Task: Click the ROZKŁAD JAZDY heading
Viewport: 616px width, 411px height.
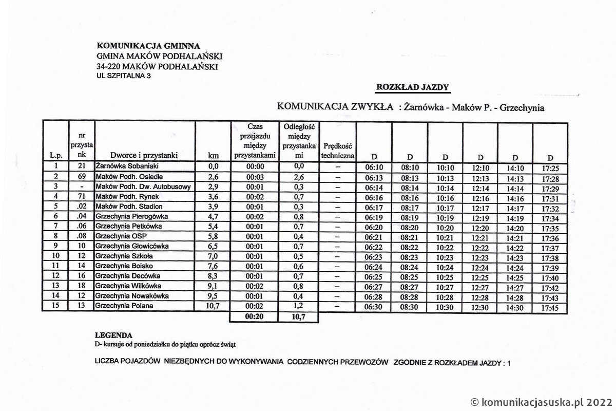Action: (x=413, y=87)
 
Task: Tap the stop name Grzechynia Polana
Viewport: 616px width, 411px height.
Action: (x=124, y=306)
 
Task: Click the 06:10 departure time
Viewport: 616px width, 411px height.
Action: (x=374, y=167)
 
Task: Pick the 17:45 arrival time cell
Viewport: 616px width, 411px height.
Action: (x=550, y=309)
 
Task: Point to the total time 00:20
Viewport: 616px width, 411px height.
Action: (x=255, y=317)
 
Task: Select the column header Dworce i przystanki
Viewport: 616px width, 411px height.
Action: (x=144, y=155)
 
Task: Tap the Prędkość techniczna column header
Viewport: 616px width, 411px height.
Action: (x=337, y=150)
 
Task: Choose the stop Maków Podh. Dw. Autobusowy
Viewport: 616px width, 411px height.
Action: (x=143, y=186)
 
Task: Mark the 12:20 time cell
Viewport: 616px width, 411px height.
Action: (x=480, y=228)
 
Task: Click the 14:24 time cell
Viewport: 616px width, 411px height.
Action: (x=515, y=268)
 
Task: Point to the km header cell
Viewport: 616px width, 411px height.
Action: (x=213, y=155)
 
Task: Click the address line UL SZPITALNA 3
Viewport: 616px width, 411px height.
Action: (x=124, y=76)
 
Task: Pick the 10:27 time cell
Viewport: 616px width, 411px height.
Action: (x=445, y=287)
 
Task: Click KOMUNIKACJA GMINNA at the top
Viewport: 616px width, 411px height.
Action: (x=148, y=46)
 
